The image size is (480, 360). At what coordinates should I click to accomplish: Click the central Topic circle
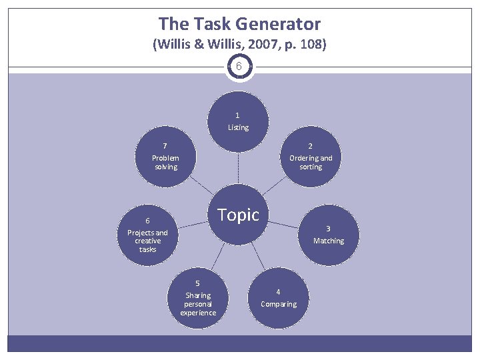click(x=238, y=215)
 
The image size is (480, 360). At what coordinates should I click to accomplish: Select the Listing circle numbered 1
click(x=238, y=121)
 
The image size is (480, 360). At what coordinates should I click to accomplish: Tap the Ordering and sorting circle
click(x=311, y=158)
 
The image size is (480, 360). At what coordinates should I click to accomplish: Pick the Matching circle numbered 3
click(x=328, y=235)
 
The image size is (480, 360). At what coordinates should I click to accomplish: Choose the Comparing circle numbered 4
click(x=279, y=297)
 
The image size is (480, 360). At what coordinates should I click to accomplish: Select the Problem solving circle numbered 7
click(x=165, y=158)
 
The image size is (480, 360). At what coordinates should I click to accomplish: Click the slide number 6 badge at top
click(x=239, y=67)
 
